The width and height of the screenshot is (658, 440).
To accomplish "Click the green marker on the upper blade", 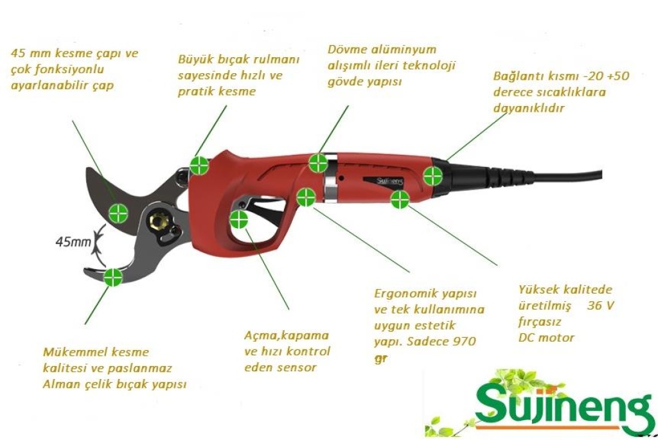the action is click(118, 213).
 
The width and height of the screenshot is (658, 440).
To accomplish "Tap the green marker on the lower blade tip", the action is click(113, 277).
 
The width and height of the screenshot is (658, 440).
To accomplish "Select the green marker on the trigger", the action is click(239, 220).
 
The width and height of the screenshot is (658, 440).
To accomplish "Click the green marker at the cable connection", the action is click(432, 176).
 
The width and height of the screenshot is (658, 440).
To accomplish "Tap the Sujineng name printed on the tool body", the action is click(389, 181).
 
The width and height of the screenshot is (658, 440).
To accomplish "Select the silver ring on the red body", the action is click(331, 179).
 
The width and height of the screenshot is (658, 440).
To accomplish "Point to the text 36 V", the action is click(601, 305).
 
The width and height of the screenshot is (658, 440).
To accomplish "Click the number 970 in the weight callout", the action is click(464, 341).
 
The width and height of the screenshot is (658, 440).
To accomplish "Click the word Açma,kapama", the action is click(287, 335).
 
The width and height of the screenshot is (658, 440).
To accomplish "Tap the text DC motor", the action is click(546, 337).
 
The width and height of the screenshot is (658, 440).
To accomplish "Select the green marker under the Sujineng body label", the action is click(400, 200).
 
